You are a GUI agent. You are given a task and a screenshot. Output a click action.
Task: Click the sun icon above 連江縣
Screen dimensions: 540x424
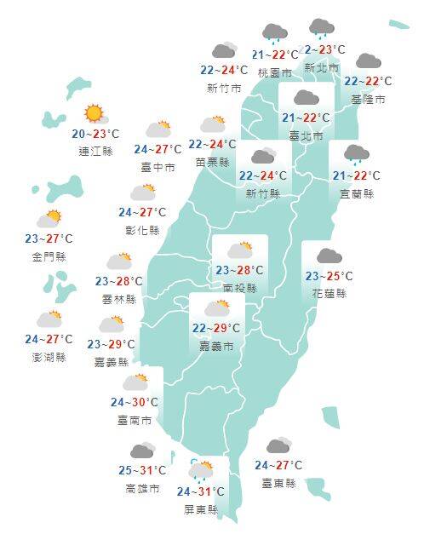tap(94, 113)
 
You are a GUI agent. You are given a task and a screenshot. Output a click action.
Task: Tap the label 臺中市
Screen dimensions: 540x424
tap(158, 168)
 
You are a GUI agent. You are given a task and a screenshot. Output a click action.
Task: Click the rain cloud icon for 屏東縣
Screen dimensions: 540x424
tap(202, 471)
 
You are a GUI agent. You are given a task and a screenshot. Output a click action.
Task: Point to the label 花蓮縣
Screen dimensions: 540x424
tap(329, 294)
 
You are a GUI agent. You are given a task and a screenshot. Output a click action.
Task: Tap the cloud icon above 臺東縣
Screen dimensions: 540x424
tap(278, 446)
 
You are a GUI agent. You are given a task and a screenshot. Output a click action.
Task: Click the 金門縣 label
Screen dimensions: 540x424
tap(50, 256)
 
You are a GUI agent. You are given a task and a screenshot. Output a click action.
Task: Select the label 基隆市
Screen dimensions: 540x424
tap(368, 100)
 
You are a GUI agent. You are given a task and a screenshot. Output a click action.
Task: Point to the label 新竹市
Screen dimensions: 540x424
tap(224, 88)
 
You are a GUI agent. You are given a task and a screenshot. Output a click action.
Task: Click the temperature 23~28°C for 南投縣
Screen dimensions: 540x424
tap(239, 271)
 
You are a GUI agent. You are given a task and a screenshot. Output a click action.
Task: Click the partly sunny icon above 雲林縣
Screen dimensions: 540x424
tap(118, 261)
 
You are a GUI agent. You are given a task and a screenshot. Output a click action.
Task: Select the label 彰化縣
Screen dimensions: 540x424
tap(142, 230)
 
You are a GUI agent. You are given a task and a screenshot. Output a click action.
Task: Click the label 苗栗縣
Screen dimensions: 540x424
tap(212, 162)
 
